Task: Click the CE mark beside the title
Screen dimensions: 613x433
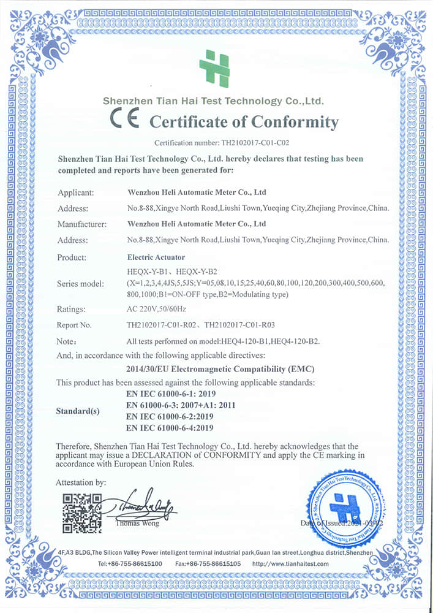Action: tap(124, 119)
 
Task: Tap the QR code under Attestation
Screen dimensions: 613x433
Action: tap(82, 513)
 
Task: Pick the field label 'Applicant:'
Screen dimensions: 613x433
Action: tap(75, 192)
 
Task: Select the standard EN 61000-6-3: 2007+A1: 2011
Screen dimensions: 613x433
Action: tap(180, 405)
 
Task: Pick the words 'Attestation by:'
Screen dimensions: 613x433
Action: tap(81, 482)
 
